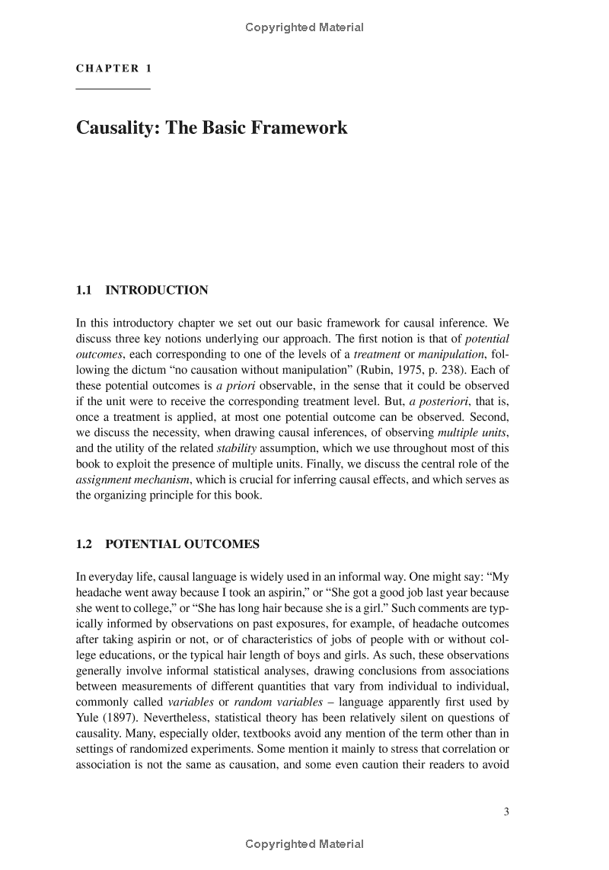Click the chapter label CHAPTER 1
[113, 69]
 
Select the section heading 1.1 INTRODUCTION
[142, 290]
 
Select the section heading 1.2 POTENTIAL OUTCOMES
[167, 544]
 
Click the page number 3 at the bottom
[506, 811]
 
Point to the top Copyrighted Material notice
[304, 27]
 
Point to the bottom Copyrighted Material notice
[304, 843]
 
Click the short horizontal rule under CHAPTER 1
[113, 90]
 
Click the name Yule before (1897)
[88, 718]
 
